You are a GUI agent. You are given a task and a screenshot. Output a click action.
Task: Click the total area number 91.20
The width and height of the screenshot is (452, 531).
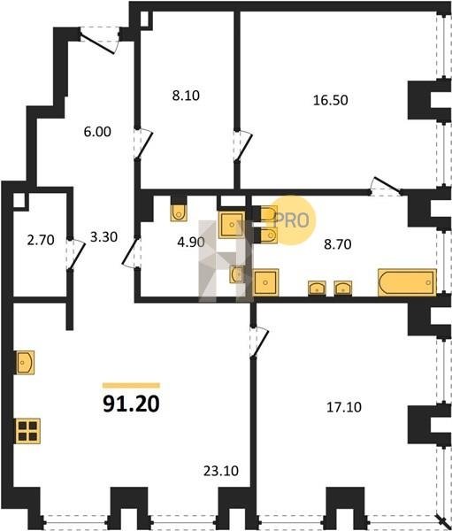coord(131,404)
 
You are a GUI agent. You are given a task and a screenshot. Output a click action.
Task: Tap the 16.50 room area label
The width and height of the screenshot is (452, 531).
coord(331,100)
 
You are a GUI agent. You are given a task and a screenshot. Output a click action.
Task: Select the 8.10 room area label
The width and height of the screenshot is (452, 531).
coord(186,96)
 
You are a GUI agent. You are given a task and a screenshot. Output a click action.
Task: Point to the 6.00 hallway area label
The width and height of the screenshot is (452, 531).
coord(97,131)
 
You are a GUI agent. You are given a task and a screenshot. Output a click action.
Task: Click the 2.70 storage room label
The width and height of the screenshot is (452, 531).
coord(41,240)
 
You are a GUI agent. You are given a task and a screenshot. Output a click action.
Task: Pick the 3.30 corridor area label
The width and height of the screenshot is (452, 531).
coord(104,236)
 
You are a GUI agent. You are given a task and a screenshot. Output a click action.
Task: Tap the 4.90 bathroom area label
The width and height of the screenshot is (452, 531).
coord(191,242)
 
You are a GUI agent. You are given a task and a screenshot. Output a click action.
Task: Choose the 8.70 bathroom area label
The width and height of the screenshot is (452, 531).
coord(338,244)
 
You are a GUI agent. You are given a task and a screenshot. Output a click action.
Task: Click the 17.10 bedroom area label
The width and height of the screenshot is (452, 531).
coord(344,407)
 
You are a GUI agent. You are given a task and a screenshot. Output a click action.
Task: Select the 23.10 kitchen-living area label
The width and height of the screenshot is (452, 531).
coord(221,471)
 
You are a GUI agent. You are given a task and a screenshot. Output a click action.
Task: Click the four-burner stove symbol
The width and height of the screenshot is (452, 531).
coord(27,431)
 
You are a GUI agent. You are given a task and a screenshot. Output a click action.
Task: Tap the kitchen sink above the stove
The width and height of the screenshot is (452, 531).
coord(25,363)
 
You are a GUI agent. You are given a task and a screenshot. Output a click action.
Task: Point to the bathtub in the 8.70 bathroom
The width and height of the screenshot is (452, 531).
coord(407,282)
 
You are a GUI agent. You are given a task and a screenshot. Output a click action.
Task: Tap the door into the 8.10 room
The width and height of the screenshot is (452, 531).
coord(143,143)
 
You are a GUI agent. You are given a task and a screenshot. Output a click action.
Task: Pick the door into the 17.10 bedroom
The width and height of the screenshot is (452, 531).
coord(259,342)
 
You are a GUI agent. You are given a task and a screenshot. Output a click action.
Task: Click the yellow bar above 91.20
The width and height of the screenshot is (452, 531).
coord(131,385)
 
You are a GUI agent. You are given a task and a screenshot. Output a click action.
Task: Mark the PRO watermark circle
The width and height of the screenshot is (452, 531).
coord(293,220)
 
